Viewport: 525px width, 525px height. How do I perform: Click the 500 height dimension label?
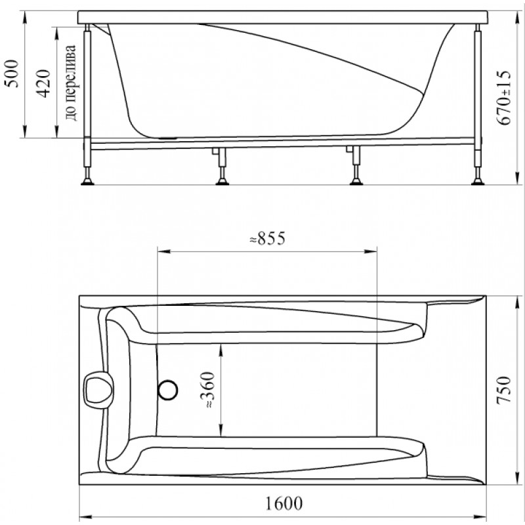(12, 73)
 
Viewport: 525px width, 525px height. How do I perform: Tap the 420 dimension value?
(43, 84)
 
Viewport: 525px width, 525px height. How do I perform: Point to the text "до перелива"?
(71, 83)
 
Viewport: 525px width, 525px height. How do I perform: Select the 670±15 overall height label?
(505, 98)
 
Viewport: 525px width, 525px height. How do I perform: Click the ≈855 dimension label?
(268, 238)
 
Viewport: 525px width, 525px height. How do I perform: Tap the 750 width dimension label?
(503, 390)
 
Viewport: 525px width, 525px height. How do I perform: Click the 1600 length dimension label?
(284, 503)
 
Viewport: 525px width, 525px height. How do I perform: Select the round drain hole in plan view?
(168, 390)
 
